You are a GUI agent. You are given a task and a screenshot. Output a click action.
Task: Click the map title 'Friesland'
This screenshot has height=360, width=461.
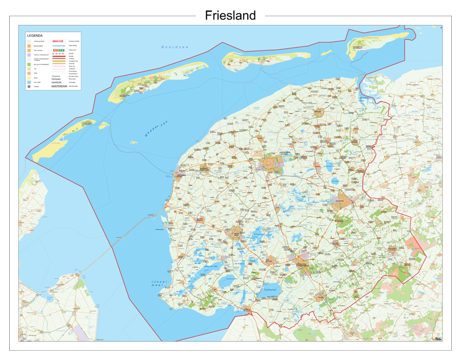[x=230, y=16]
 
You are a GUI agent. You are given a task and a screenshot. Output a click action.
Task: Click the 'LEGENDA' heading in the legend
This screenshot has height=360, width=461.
[x=35, y=35]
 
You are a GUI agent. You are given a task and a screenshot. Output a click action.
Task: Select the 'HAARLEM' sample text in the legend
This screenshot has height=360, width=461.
[x=57, y=82]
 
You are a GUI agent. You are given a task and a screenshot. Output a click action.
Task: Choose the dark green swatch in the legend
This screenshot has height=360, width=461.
[x=29, y=64]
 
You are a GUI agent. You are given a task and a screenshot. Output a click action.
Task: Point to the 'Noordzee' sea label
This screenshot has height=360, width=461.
[x=175, y=47]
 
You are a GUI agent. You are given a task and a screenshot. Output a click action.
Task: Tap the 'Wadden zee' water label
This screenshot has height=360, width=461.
[x=156, y=128]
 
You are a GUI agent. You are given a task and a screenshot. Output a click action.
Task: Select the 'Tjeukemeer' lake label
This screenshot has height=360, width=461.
[x=270, y=290]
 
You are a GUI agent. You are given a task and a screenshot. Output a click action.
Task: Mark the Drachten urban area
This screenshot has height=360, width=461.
[x=346, y=198]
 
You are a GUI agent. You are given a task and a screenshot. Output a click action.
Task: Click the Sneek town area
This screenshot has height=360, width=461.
[x=237, y=233]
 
